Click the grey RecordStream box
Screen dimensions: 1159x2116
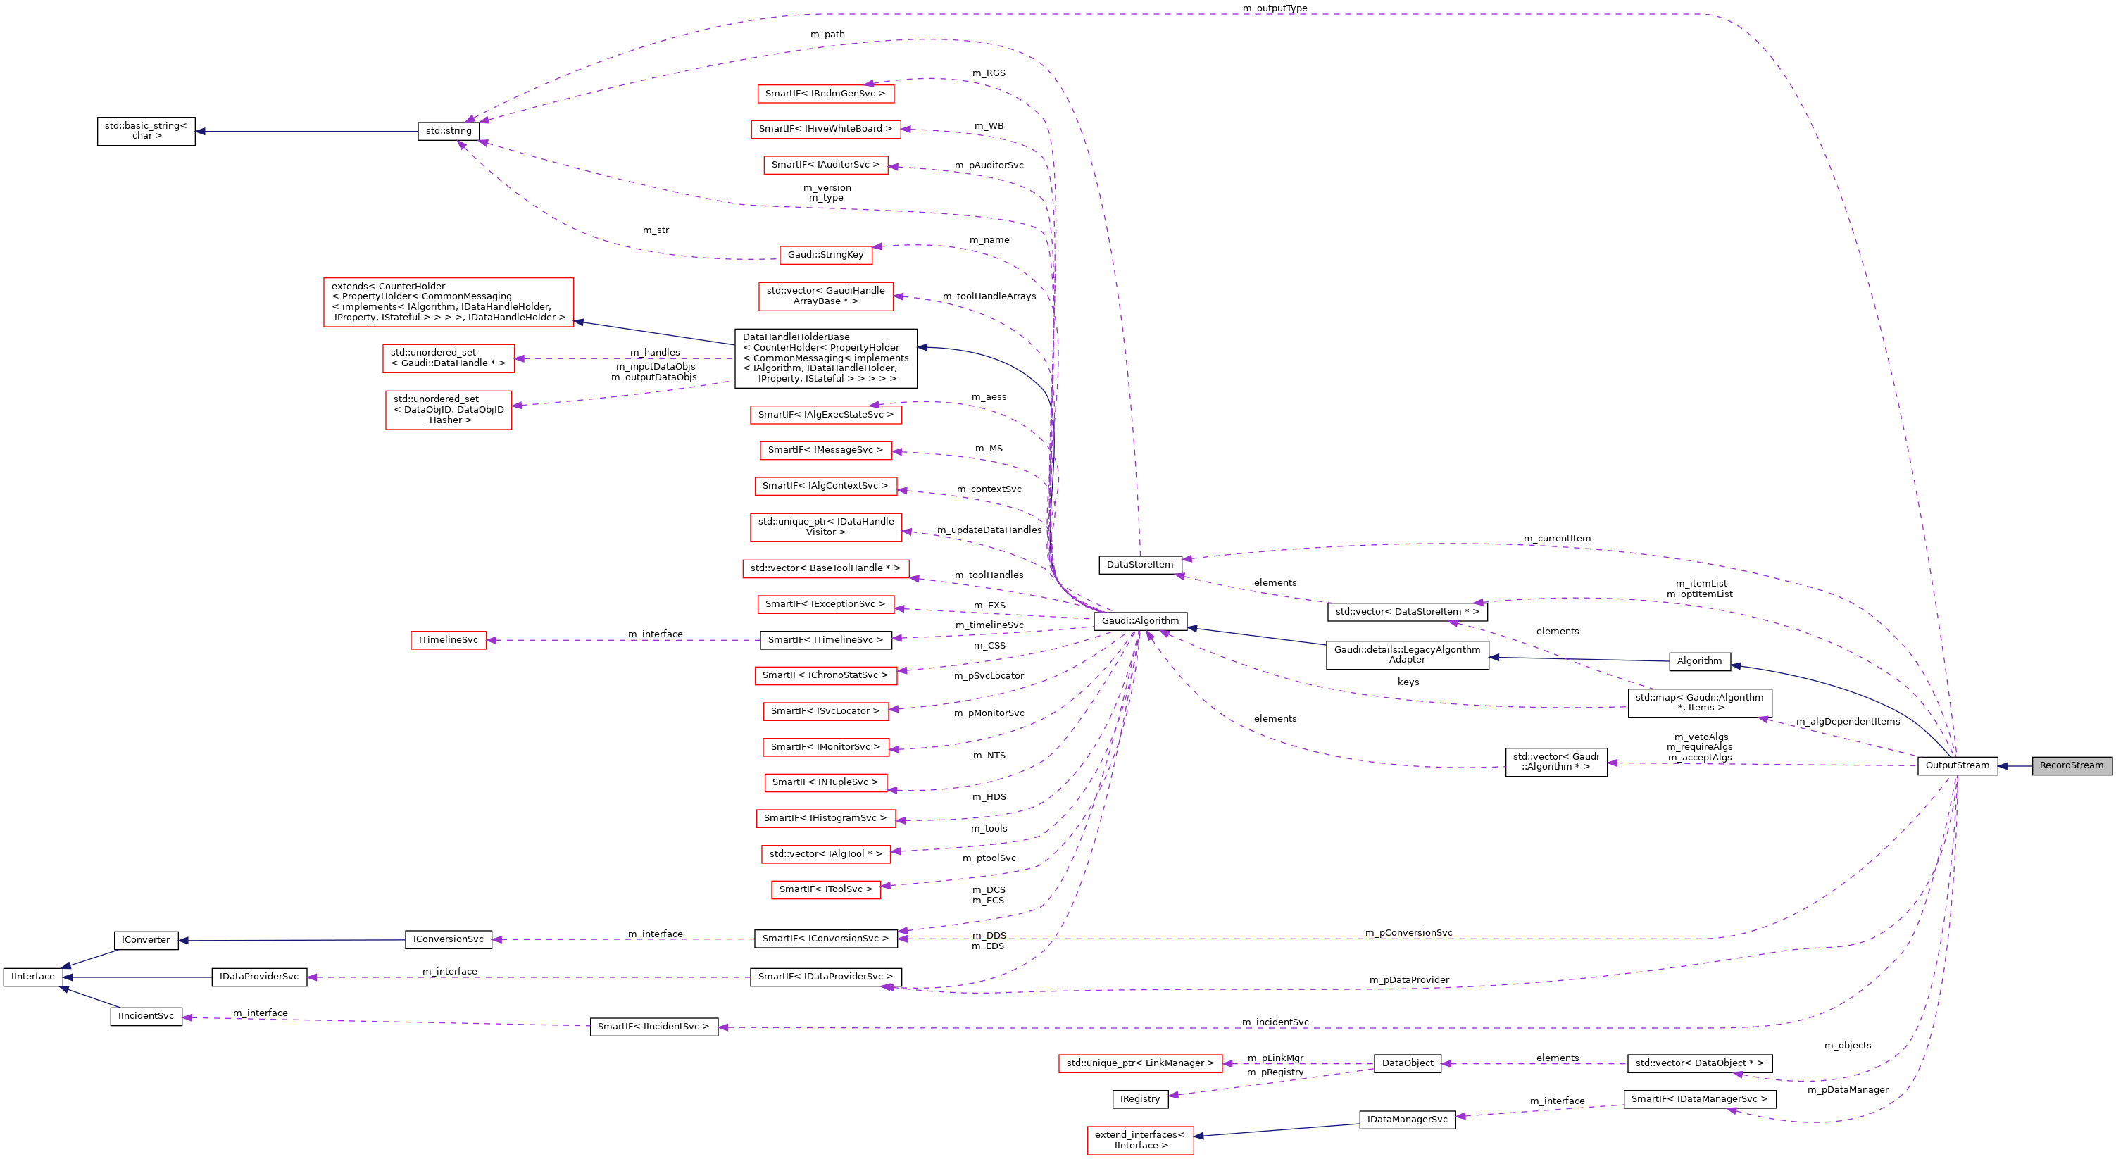pyautogui.click(x=2071, y=765)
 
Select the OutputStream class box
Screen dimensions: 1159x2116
pyautogui.click(x=1957, y=765)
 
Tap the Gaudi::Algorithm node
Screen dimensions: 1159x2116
pyautogui.click(x=1139, y=621)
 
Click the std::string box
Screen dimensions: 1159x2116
pyautogui.click(x=449, y=130)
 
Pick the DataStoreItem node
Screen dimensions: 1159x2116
pyautogui.click(x=1139, y=564)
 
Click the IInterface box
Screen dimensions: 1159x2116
pyautogui.click(x=34, y=977)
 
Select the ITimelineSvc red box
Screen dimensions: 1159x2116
pyautogui.click(x=449, y=640)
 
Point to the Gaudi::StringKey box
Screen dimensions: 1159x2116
pyautogui.click(x=825, y=255)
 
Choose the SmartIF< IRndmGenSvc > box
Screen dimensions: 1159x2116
pyautogui.click(x=825, y=94)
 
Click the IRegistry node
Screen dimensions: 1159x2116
pyautogui.click(x=1139, y=1099)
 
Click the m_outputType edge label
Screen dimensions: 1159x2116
pyautogui.click(x=1274, y=8)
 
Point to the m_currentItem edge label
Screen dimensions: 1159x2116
pyautogui.click(x=1557, y=539)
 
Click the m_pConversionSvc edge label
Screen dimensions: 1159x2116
pyautogui.click(x=1408, y=933)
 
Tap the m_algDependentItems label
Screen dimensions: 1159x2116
pyautogui.click(x=1848, y=722)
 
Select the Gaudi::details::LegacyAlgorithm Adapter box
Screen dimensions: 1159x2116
pyautogui.click(x=1406, y=655)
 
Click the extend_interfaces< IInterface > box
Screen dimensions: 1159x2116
pyautogui.click(x=1139, y=1140)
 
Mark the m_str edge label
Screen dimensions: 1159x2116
pyautogui.click(x=656, y=230)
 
